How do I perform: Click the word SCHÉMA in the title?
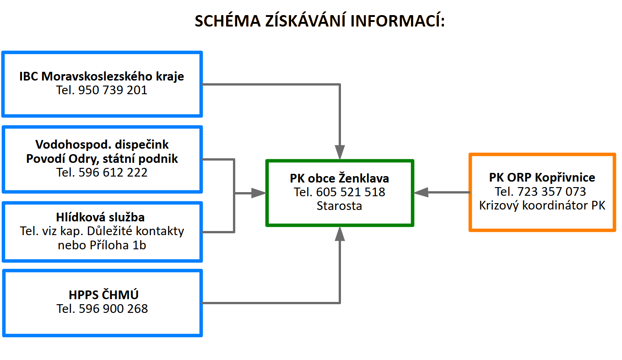pyautogui.click(x=227, y=21)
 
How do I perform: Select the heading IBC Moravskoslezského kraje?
pyautogui.click(x=102, y=76)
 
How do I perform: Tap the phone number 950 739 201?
pyautogui.click(x=113, y=90)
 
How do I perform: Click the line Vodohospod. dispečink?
pyautogui.click(x=102, y=145)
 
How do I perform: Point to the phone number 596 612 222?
pyautogui.click(x=113, y=172)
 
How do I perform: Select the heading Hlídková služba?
pyautogui.click(x=100, y=217)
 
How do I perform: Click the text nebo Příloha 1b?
pyautogui.click(x=102, y=245)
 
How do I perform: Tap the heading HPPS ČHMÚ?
pyautogui.click(x=103, y=295)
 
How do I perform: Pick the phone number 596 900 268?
pyautogui.click(x=114, y=309)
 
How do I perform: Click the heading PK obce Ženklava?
pyautogui.click(x=339, y=178)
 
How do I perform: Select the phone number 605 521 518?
pyautogui.click(x=351, y=193)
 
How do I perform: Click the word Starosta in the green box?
pyautogui.click(x=339, y=206)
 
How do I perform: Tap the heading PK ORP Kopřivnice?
pyautogui.click(x=542, y=177)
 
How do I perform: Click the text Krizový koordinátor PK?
pyautogui.click(x=542, y=206)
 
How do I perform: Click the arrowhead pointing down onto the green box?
pyautogui.click(x=340, y=152)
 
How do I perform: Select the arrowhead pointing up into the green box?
pyautogui.click(x=340, y=234)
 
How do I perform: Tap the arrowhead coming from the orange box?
pyautogui.click(x=421, y=193)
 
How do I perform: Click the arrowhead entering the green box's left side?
pyautogui.click(x=259, y=193)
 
